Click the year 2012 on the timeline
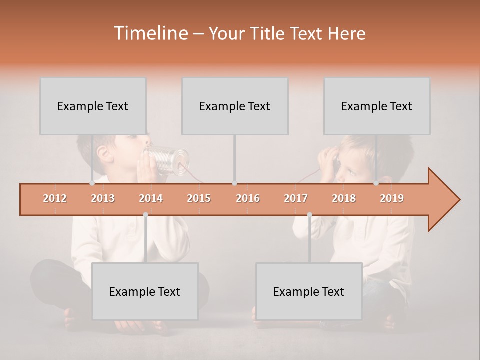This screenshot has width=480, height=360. click(55, 198)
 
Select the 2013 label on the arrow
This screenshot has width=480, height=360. click(103, 198)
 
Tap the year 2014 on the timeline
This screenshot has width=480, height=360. click(151, 198)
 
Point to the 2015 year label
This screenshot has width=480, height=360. click(199, 198)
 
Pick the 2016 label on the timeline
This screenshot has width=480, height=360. click(248, 198)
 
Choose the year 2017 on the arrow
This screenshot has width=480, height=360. click(296, 198)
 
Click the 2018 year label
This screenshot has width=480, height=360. click(344, 198)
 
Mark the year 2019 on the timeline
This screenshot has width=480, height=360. click(392, 198)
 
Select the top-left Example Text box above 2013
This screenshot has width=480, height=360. click(93, 106)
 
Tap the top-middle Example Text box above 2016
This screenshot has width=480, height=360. click(235, 106)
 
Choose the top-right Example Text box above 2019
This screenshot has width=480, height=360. click(377, 106)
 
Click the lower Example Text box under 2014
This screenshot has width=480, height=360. click(145, 291)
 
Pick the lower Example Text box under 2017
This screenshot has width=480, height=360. click(309, 291)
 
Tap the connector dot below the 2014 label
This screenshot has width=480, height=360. click(145, 214)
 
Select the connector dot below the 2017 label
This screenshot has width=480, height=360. click(309, 214)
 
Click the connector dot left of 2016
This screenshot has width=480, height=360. click(234, 183)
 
